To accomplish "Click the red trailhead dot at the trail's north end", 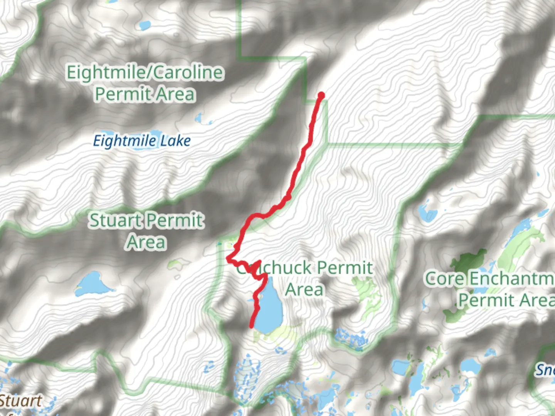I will tap(321, 96).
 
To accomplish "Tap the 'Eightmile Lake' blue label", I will tap(142, 141).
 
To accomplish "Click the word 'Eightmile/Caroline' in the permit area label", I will tap(145, 73).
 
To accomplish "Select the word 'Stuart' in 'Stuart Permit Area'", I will tap(115, 221).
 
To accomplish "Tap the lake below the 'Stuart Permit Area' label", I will tap(92, 284).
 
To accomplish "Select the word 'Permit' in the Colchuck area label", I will tap(345, 268).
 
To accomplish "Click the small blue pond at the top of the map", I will tap(145, 25).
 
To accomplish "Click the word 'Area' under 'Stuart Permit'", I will tap(146, 242).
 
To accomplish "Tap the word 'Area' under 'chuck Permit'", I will tap(304, 289).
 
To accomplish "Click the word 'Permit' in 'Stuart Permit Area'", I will tap(173, 221).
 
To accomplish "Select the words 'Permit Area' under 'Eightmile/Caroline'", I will tap(145, 94).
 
